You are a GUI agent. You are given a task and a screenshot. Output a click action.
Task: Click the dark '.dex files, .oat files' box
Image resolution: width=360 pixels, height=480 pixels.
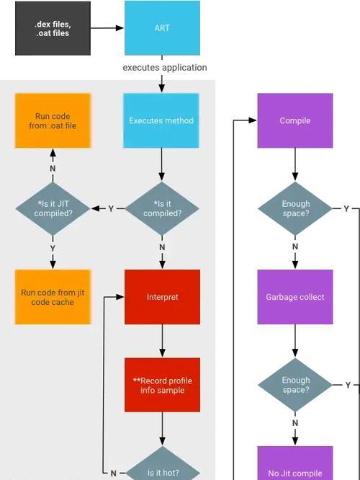click(x=53, y=29)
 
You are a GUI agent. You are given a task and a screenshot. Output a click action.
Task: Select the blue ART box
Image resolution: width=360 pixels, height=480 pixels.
click(x=163, y=28)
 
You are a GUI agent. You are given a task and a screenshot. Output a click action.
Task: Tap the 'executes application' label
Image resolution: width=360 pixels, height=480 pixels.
click(x=165, y=67)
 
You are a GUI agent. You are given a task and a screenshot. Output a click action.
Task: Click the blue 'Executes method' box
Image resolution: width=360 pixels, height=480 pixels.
click(x=161, y=120)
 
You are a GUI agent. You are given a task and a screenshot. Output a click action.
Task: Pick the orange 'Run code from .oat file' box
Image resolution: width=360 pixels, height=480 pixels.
click(x=53, y=120)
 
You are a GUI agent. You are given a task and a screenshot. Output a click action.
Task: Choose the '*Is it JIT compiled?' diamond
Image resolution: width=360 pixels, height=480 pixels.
click(x=53, y=208)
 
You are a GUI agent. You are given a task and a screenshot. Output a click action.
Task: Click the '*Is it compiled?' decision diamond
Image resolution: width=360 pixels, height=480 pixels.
click(x=162, y=208)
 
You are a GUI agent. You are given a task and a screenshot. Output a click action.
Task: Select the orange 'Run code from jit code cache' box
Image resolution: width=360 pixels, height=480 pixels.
click(x=53, y=297)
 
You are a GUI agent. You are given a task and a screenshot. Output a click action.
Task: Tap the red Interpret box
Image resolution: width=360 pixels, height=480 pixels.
click(x=163, y=297)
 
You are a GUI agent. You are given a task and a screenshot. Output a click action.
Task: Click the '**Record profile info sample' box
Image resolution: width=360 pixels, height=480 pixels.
click(x=163, y=385)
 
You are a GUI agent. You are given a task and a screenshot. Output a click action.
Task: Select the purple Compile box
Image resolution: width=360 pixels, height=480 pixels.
click(x=295, y=120)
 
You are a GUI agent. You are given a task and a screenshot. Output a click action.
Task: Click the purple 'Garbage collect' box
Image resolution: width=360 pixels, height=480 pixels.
click(x=295, y=297)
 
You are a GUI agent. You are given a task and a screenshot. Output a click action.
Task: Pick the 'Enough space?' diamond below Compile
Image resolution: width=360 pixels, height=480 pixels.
click(x=295, y=208)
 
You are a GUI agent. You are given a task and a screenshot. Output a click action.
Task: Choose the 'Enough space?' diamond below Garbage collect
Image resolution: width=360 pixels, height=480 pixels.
click(x=295, y=385)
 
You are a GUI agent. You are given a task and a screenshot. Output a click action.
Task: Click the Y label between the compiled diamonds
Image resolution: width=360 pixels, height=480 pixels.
click(x=111, y=209)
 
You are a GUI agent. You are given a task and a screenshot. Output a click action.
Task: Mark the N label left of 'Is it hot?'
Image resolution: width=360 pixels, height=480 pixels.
click(x=114, y=474)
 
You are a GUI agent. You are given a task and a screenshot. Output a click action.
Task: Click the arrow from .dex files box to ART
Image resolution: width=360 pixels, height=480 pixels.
click(x=107, y=28)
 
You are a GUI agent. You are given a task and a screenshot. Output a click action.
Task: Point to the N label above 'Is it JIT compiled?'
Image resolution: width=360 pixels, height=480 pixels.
click(x=53, y=169)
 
